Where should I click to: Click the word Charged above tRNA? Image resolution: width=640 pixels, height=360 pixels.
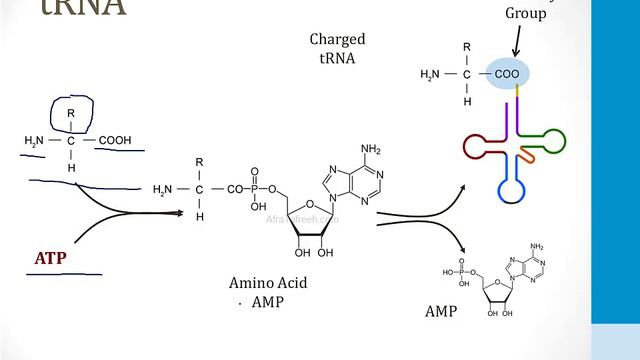[337, 40]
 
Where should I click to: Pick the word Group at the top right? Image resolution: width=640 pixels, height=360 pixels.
[525, 14]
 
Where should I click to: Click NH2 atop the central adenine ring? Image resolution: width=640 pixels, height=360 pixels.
[370, 150]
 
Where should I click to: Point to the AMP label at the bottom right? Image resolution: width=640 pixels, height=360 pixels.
[440, 312]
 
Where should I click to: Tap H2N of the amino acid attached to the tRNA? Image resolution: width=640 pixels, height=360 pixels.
[430, 73]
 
